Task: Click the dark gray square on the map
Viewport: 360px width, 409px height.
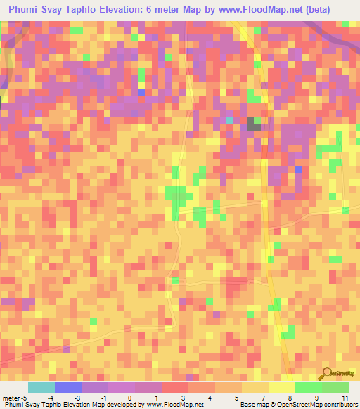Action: (253, 124)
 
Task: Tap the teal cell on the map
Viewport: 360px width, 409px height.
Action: (230, 120)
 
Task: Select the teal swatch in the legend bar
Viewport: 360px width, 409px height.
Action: (41, 387)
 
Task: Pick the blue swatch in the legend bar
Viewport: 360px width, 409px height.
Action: (67, 387)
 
